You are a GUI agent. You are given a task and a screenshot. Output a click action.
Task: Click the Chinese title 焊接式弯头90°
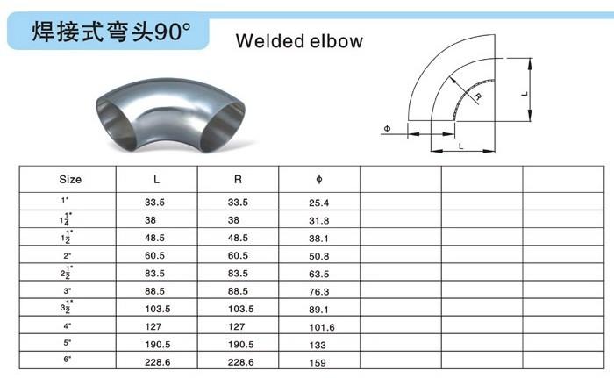click(111, 32)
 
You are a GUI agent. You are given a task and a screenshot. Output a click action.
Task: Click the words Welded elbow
click(300, 41)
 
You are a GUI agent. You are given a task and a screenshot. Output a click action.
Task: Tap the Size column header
click(70, 180)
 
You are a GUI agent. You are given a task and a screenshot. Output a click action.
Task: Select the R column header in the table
click(238, 180)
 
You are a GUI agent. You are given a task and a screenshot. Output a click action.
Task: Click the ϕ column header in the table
click(319, 180)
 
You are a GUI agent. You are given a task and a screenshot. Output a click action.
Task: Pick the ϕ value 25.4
click(318, 203)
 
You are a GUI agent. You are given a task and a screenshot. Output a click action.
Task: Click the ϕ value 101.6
click(322, 327)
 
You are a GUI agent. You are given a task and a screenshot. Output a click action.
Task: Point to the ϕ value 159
click(318, 363)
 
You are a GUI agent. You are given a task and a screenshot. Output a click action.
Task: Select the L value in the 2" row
click(154, 256)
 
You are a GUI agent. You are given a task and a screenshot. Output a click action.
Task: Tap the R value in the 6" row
click(241, 362)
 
